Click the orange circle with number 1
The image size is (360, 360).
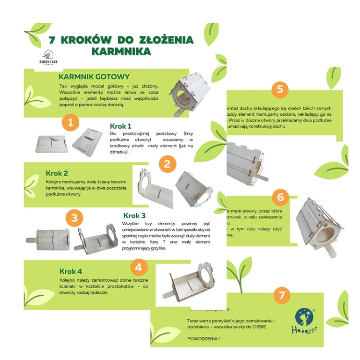[71, 123]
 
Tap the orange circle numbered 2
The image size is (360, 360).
[167, 164]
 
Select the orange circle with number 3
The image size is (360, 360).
[73, 218]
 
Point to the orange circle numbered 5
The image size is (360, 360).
[280, 89]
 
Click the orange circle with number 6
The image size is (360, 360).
[280, 197]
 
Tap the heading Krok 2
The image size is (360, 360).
[57, 173]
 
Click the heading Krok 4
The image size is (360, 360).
[71, 271]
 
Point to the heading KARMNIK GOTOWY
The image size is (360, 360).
[94, 77]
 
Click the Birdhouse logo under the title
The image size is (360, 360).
[48, 58]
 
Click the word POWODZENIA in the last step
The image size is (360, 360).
[203, 339]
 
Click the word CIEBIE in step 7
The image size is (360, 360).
[255, 327]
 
